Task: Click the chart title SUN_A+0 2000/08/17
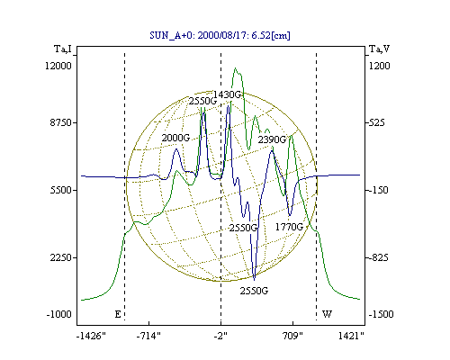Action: [x=220, y=35]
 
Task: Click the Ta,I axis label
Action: [x=63, y=49]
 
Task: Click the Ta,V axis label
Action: [x=379, y=49]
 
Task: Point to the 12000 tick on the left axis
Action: [x=58, y=66]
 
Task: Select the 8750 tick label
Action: [x=61, y=122]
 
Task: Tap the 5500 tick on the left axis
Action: [x=61, y=190]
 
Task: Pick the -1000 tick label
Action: [x=58, y=314]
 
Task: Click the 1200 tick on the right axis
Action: [x=379, y=66]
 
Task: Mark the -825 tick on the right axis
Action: [x=378, y=257]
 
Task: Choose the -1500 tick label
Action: [x=381, y=314]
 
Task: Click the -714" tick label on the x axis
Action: [x=148, y=336]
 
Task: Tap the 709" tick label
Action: [x=292, y=336]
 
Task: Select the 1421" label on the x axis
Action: [x=351, y=336]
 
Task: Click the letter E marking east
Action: [x=118, y=314]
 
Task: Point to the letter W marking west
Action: [x=327, y=314]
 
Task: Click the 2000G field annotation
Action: [x=175, y=138]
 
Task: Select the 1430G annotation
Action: [x=227, y=94]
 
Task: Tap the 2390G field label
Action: [x=272, y=139]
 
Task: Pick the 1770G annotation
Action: [x=289, y=227]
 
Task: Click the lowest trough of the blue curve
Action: [x=255, y=280]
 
